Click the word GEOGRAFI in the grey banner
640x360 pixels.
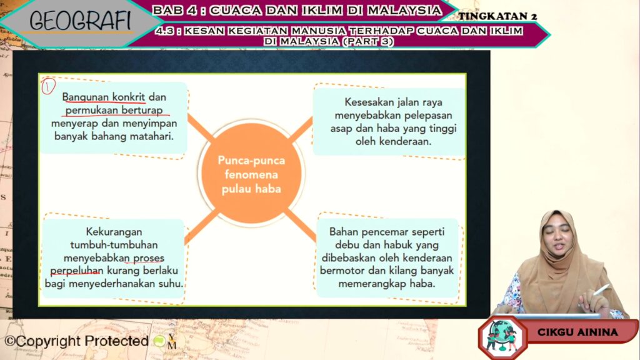pos(81,21)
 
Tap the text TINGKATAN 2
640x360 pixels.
pos(497,16)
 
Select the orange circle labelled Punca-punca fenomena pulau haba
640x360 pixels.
pos(251,174)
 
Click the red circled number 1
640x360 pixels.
pos(48,86)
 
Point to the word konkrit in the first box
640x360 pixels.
pos(129,97)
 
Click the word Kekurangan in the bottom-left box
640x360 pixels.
pos(114,232)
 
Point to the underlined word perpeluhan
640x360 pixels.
pos(77,271)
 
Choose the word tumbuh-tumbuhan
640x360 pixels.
pos(114,245)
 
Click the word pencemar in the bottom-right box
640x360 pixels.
pos(386,232)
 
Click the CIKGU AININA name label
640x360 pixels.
pos(577,332)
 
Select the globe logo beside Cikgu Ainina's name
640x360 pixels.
pos(502,337)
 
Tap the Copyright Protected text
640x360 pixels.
pos(77,341)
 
